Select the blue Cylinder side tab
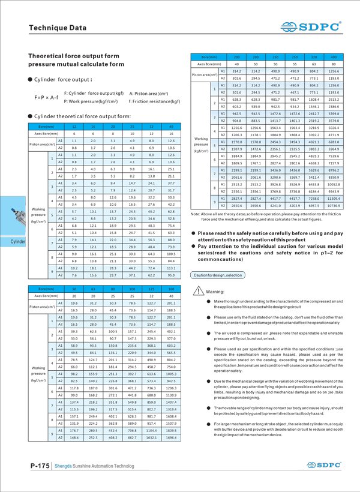click(x=16, y=241)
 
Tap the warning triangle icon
click(x=199, y=291)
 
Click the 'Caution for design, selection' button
click(x=217, y=275)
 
